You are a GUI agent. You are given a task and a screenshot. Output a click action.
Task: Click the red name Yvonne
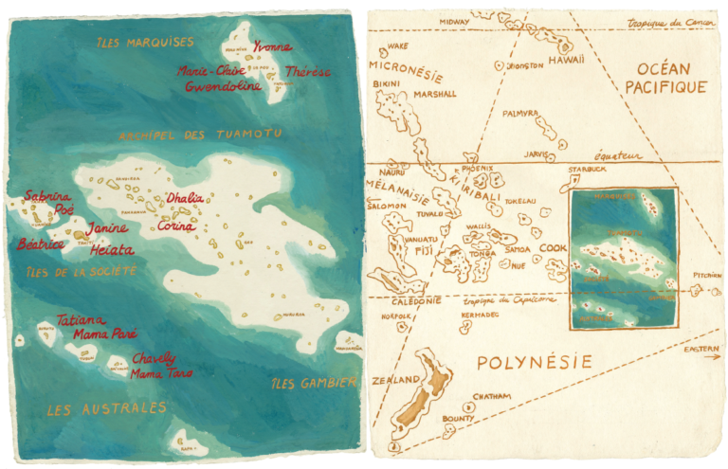click(x=273, y=46)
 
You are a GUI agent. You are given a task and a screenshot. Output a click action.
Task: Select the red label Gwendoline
click(x=223, y=85)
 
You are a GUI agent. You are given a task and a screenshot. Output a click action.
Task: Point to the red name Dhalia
click(x=184, y=198)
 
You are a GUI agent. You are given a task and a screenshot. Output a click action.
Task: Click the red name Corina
click(x=176, y=226)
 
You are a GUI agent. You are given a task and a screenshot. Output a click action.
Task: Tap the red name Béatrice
click(x=41, y=244)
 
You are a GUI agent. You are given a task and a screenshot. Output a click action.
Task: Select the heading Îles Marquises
click(x=145, y=43)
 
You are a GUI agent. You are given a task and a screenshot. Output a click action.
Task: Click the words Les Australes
click(x=107, y=408)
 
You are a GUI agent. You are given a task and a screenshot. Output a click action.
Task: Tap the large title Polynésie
click(x=534, y=362)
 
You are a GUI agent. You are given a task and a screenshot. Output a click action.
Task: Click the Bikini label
click(x=387, y=85)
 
